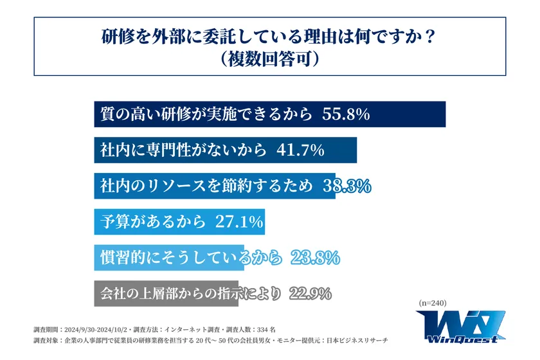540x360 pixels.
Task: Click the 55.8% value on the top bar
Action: pyautogui.click(x=345, y=114)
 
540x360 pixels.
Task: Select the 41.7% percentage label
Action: pyautogui.click(x=300, y=150)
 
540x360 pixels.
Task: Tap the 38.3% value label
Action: pyautogui.click(x=345, y=186)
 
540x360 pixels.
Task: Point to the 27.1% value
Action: pyautogui.click(x=238, y=222)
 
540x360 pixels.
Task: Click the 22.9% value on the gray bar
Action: pyautogui.click(x=310, y=294)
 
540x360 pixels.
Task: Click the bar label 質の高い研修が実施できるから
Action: pyautogui.click(x=206, y=114)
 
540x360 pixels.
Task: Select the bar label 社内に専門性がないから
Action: pyautogui.click(x=183, y=150)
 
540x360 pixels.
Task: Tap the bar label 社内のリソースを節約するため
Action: pyautogui.click(x=206, y=186)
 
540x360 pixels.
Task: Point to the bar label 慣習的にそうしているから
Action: pyautogui.click(x=191, y=258)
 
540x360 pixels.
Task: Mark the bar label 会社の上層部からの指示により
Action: pyautogui.click(x=191, y=294)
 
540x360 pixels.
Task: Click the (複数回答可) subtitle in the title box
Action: pyautogui.click(x=269, y=59)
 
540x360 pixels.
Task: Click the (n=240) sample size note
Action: pyautogui.click(x=432, y=303)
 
